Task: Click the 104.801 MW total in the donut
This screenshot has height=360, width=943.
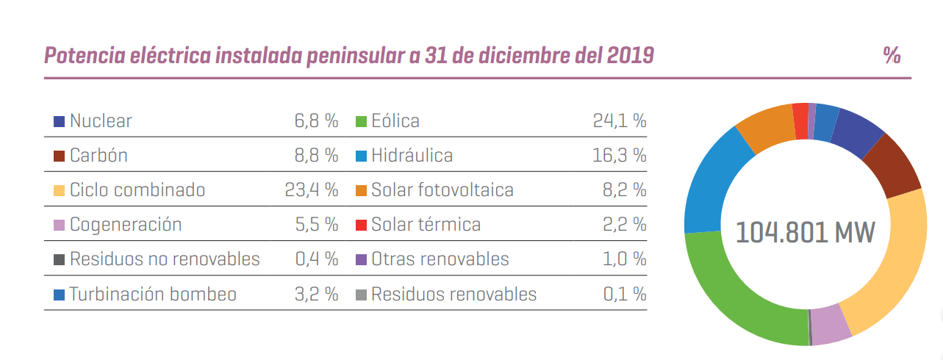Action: tap(805, 233)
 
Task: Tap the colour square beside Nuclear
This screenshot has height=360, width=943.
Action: tap(60, 121)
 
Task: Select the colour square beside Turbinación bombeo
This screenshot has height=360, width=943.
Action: tap(60, 295)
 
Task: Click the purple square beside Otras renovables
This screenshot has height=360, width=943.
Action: tap(361, 260)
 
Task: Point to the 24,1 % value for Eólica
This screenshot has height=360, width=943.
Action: tap(619, 121)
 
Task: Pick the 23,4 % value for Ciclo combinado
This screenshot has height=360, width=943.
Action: tap(311, 190)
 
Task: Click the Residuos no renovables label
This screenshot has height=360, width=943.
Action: tap(165, 260)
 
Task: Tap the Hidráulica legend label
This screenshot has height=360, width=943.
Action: tap(412, 156)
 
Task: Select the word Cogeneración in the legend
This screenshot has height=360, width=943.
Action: tap(126, 225)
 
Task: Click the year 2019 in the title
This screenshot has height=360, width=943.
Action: tap(631, 55)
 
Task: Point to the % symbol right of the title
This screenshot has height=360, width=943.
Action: tap(892, 55)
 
